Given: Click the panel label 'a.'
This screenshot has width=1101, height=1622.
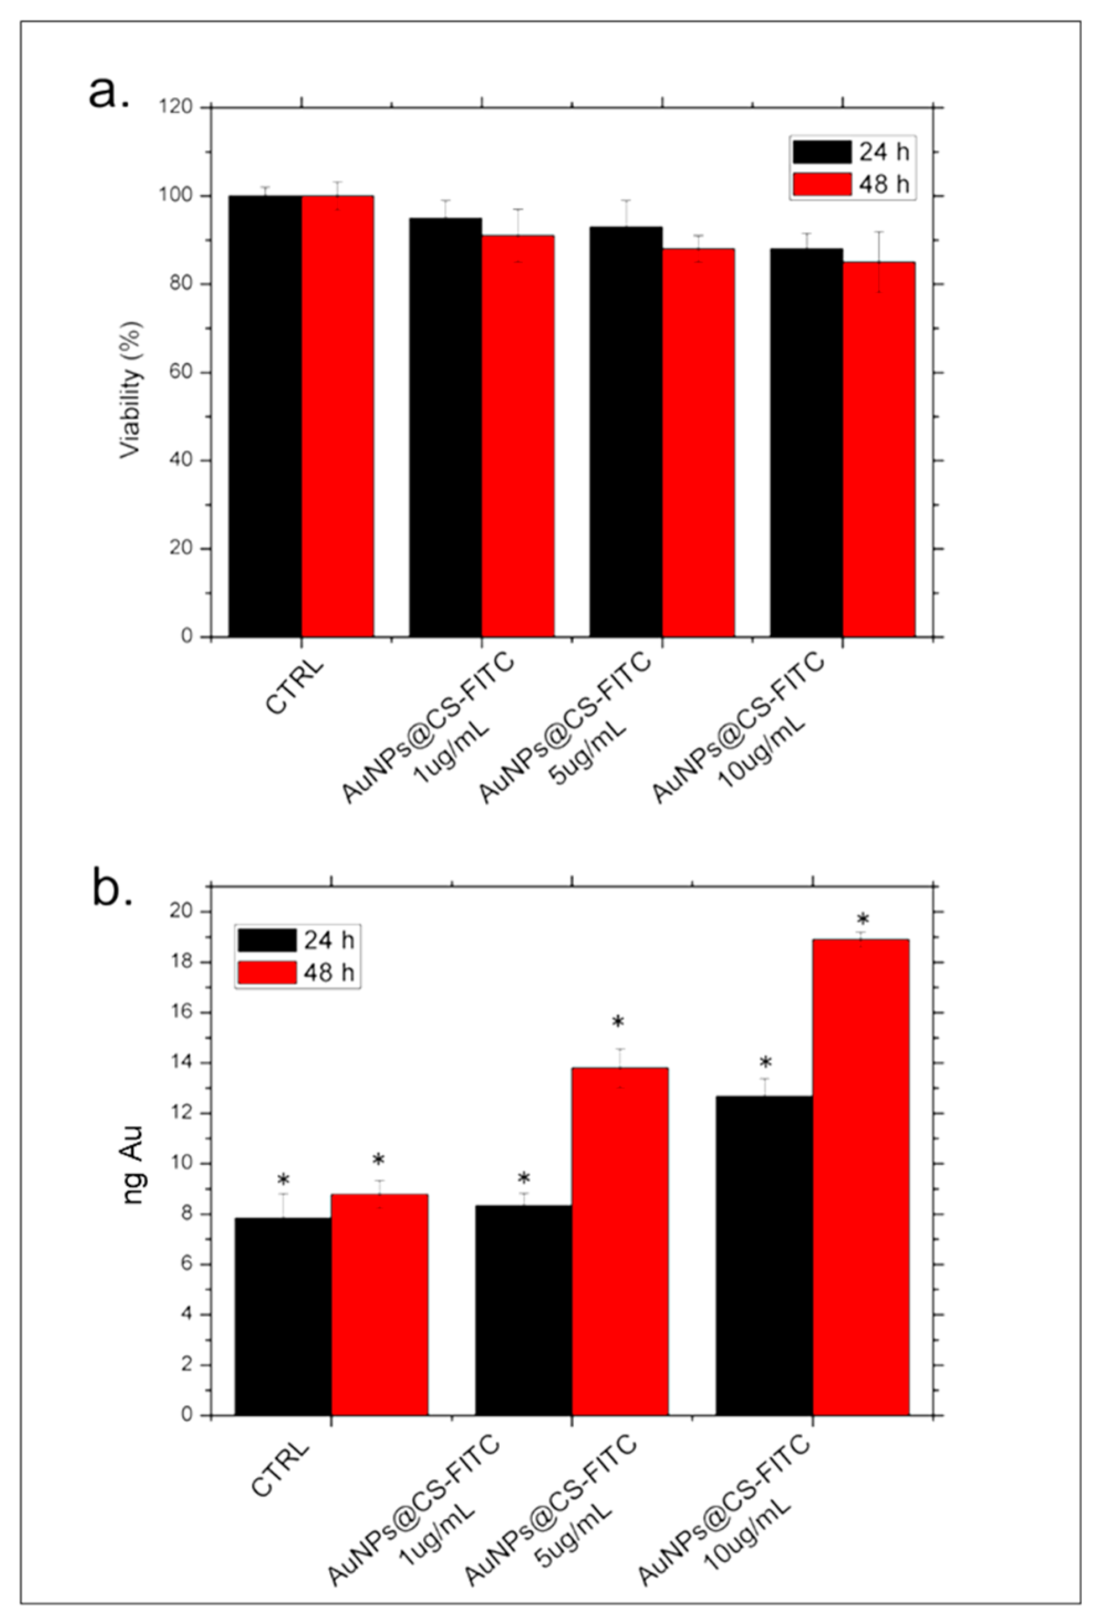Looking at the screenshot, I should (x=109, y=92).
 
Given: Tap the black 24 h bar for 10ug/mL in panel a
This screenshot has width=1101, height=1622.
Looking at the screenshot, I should (x=806, y=442).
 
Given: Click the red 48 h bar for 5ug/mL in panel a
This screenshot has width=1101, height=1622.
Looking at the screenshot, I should (x=698, y=442).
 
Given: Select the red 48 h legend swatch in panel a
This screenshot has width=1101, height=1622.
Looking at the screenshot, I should (x=822, y=184).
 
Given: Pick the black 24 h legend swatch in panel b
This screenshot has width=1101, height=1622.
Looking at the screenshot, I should (x=266, y=940).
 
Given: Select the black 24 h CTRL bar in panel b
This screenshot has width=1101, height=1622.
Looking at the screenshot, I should (x=283, y=1316).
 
